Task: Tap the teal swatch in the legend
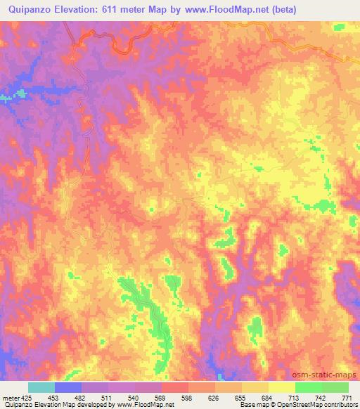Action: tap(41, 387)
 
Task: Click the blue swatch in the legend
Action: tap(68, 387)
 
